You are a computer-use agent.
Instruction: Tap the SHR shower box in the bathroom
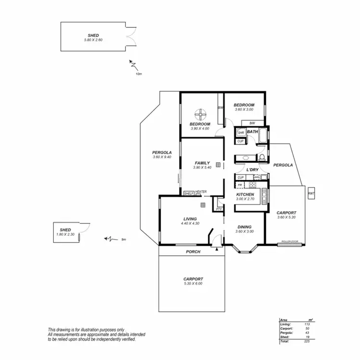pyautogui.click(x=240, y=132)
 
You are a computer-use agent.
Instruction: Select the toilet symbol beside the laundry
pyautogui.click(x=262, y=157)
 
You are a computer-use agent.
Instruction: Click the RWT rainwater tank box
pyautogui.click(x=311, y=193)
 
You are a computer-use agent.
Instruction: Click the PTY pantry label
pyautogui.click(x=219, y=209)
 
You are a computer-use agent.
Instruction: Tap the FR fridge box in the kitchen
pyautogui.click(x=240, y=184)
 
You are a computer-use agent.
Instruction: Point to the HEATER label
pyautogui.click(x=201, y=192)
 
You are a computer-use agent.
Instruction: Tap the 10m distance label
pyautogui.click(x=138, y=74)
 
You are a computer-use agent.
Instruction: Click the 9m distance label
pyautogui.click(x=123, y=239)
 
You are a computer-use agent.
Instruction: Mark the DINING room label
pyautogui.click(x=244, y=227)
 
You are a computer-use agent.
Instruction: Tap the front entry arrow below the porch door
pyautogui.click(x=217, y=249)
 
